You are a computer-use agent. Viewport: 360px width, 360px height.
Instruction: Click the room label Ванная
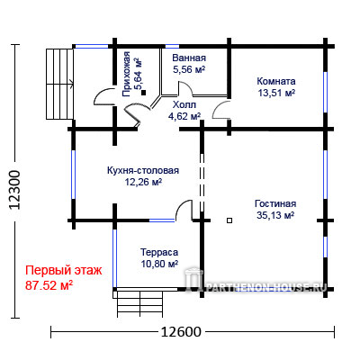189,58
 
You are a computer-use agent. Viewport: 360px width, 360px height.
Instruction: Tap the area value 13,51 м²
276,93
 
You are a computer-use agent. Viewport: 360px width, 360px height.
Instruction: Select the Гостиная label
275,203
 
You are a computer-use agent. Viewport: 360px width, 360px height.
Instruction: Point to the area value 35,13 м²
275,215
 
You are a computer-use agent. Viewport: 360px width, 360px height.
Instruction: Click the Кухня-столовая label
143,170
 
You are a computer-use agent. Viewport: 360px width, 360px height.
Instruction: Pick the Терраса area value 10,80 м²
159,264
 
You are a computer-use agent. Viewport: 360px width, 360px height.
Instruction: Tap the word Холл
184,104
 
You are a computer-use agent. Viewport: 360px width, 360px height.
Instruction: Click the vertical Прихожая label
126,74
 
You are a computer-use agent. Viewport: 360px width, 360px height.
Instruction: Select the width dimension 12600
181,332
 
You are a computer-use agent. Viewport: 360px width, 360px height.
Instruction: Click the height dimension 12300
14,190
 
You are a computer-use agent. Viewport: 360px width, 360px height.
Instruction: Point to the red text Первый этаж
64,271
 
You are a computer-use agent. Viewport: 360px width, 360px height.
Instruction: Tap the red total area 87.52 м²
49,285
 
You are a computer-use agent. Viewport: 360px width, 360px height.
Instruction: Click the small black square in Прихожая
144,93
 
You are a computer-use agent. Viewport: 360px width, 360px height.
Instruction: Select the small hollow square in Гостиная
229,220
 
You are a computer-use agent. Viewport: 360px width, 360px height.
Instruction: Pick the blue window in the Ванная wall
172,46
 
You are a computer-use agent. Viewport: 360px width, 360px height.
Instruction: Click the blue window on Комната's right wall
325,92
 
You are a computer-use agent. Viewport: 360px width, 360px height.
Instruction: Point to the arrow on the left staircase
72,84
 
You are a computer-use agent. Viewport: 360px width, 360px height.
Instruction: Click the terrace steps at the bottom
140,304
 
